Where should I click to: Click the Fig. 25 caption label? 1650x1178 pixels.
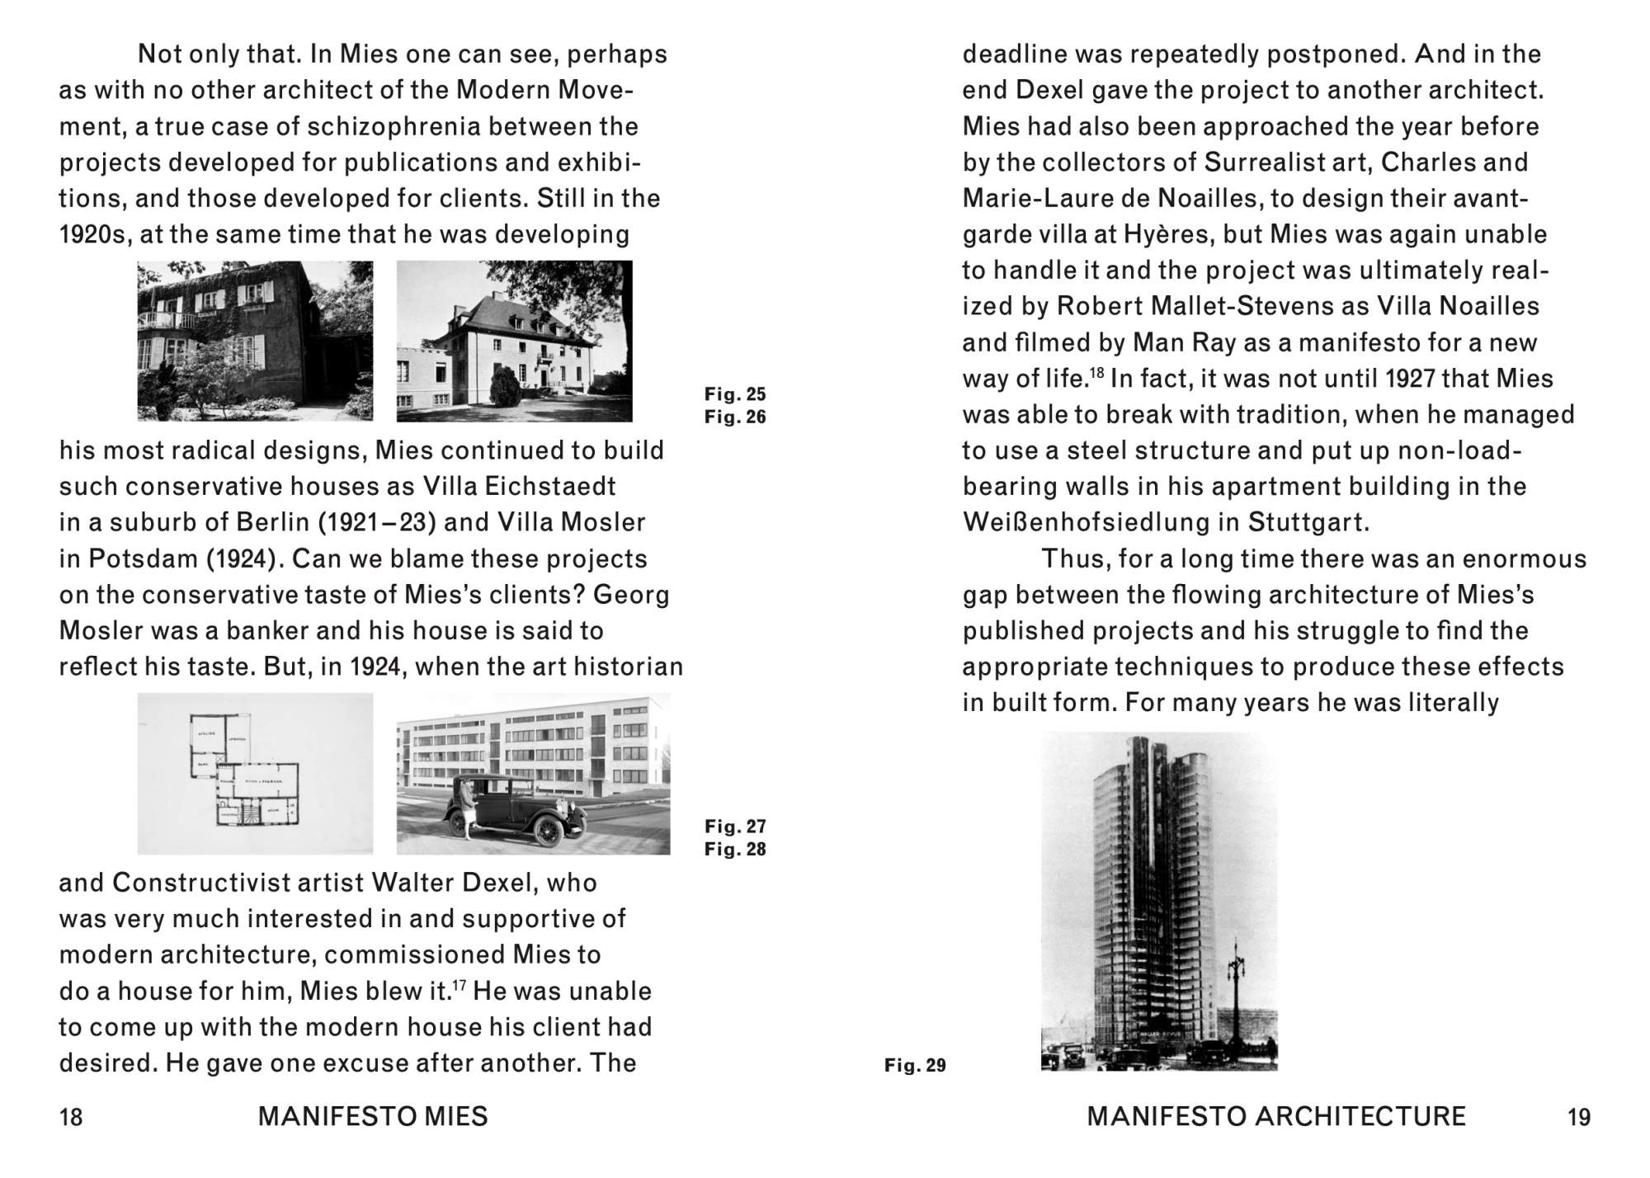pos(735,394)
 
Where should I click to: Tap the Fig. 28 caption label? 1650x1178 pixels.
pos(735,849)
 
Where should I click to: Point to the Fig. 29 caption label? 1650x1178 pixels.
pos(915,1065)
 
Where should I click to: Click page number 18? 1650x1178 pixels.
pos(71,1117)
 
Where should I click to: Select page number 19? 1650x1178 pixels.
pos(1578,1117)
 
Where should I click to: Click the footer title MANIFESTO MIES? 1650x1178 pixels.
pos(373,1117)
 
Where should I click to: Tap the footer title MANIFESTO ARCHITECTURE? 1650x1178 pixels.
pos(1276,1117)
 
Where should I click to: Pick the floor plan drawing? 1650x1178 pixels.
pos(255,773)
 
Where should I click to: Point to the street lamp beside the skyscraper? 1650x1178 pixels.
pos(1235,990)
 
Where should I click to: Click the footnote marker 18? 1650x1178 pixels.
pos(1096,373)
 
